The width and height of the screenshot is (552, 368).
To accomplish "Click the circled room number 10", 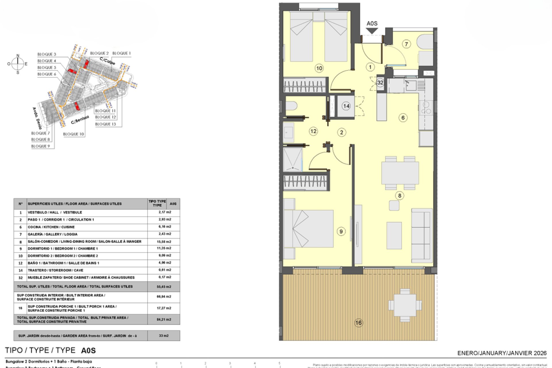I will tap(319, 68).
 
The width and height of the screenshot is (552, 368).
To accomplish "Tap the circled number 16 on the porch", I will tap(359, 323).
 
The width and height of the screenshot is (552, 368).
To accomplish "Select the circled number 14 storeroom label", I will tap(346, 106).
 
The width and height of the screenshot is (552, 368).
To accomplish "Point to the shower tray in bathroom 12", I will tap(293, 160).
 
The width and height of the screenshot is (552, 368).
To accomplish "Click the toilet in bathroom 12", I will tap(291, 106).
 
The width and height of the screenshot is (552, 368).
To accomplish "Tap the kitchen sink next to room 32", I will tap(411, 85).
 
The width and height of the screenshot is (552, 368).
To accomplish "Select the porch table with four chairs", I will tap(405, 305).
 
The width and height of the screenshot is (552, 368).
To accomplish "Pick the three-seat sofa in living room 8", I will tap(422, 235).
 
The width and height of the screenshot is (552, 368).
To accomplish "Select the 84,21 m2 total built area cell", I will tap(164, 319).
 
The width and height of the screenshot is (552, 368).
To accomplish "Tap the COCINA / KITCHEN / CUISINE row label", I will tap(51, 227).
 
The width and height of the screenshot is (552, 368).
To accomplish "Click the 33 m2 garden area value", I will tap(164, 336).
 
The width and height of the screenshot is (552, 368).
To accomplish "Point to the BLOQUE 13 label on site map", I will tap(106, 124).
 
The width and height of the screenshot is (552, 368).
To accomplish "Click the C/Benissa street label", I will tap(80, 120).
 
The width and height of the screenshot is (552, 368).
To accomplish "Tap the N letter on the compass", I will tap(18, 55).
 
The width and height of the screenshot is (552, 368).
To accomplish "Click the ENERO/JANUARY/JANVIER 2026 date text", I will tap(502, 353).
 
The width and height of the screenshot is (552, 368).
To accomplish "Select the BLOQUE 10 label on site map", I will tap(73, 134).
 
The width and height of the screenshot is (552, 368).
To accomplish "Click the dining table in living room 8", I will tap(400, 173).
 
